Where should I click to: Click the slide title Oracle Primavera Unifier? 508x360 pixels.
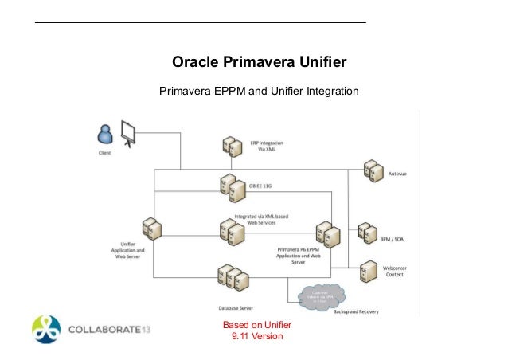coord(260,62)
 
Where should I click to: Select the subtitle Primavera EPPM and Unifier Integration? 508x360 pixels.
coord(260,91)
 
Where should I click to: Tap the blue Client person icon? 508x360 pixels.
coord(104,133)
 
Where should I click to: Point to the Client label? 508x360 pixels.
coord(105,151)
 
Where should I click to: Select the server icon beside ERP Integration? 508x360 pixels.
coord(232,147)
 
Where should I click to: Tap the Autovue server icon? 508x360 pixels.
coord(373,170)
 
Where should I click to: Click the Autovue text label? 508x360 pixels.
coord(401,172)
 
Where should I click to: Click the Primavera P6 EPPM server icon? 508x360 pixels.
coord(327,233)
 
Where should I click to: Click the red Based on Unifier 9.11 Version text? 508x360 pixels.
coord(256,330)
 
